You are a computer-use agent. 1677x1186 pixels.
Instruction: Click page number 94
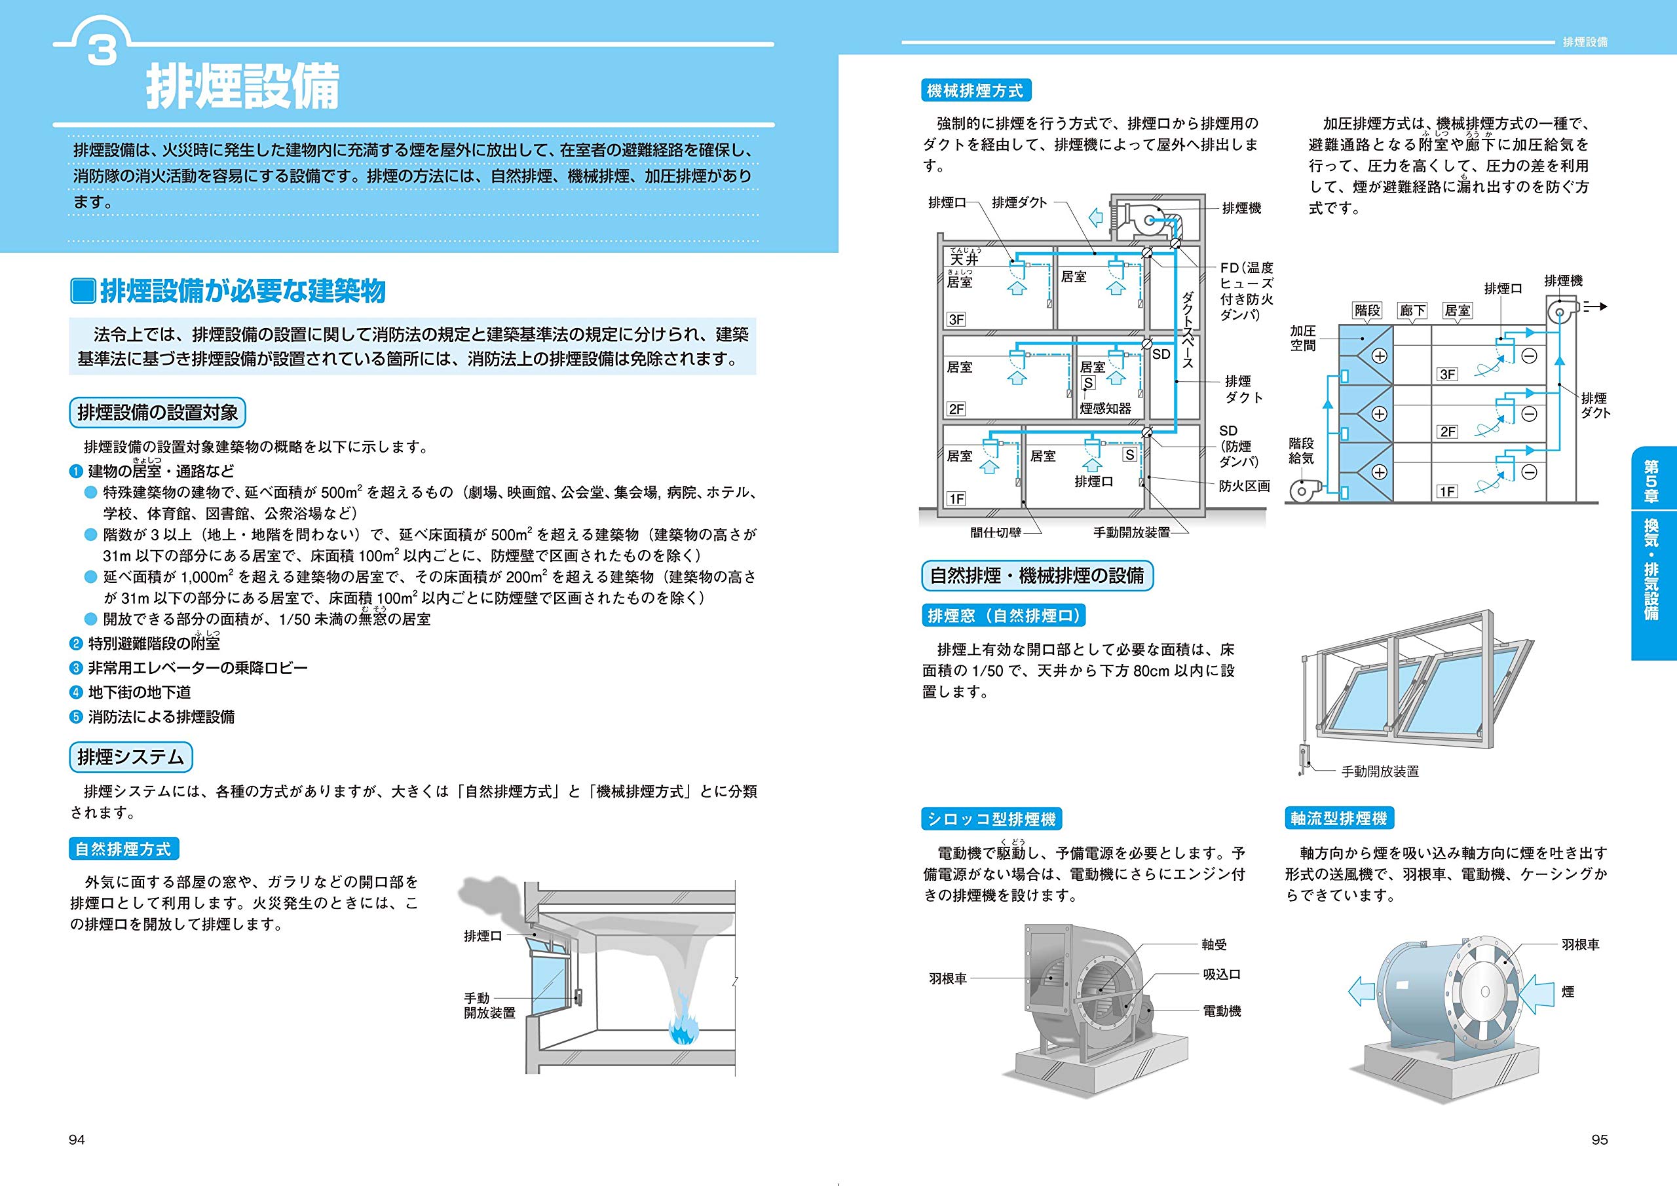(x=77, y=1140)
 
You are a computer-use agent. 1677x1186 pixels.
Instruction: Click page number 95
(x=1600, y=1140)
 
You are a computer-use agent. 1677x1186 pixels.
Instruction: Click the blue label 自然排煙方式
(x=123, y=849)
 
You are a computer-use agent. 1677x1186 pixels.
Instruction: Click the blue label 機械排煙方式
(x=975, y=91)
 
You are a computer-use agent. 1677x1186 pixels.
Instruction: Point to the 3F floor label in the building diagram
(x=956, y=319)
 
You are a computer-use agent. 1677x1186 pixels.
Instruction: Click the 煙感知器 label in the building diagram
(x=1105, y=409)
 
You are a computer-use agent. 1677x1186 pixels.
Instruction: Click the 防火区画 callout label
(x=1245, y=486)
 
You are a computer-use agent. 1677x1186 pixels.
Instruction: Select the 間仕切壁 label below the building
(x=996, y=533)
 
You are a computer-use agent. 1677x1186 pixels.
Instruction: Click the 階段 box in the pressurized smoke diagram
(x=1367, y=310)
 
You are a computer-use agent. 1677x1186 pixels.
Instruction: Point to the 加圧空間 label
(x=1302, y=338)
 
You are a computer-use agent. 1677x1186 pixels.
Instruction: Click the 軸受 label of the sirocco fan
(x=1214, y=945)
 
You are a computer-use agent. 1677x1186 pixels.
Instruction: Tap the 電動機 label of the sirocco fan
(x=1221, y=1011)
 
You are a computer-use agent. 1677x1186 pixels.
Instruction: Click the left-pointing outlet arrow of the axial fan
(x=1360, y=991)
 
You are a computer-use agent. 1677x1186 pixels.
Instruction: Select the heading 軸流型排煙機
(x=1338, y=819)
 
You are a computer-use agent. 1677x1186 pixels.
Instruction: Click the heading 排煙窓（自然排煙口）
(x=1004, y=616)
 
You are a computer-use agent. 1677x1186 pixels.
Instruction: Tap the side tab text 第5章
(x=1651, y=481)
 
